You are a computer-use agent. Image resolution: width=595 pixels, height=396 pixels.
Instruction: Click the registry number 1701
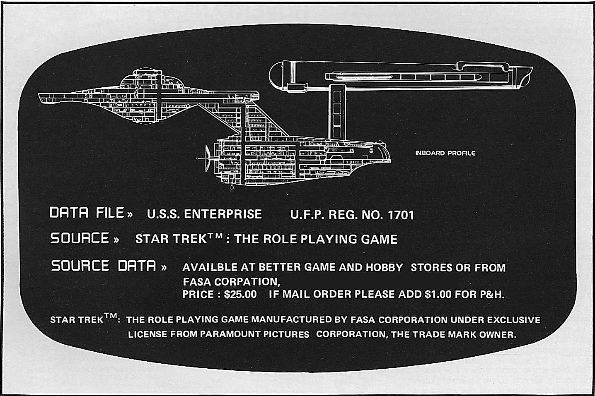tap(401, 215)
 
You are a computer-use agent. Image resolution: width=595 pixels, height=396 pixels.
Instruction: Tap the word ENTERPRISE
tap(223, 214)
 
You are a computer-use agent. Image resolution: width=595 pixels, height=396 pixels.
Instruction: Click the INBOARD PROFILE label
tap(445, 153)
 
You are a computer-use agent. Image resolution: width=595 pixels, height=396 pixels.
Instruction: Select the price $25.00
tap(240, 294)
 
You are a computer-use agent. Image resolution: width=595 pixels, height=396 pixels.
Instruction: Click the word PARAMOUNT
tap(230, 334)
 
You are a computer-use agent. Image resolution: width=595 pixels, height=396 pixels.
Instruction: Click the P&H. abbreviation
tap(492, 295)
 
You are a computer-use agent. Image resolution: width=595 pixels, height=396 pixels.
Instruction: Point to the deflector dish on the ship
tap(208, 158)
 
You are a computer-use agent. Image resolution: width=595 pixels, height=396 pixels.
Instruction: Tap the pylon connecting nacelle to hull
tap(337, 113)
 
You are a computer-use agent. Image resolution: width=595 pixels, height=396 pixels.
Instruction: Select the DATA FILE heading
tap(87, 213)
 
